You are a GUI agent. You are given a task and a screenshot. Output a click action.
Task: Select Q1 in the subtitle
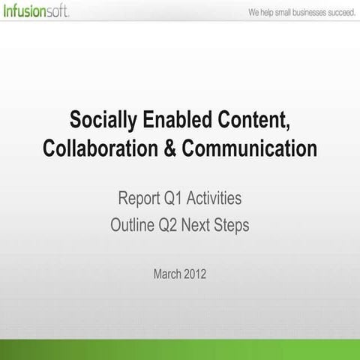tap(179, 199)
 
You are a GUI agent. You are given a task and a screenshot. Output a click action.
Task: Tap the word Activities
tap(218, 199)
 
